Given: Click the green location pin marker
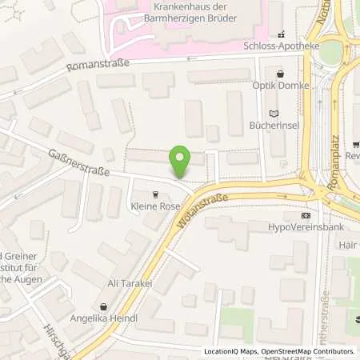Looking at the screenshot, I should pyautogui.click(x=181, y=162).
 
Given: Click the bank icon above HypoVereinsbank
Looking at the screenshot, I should pyautogui.click(x=306, y=216).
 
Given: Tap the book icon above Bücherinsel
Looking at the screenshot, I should pyautogui.click(x=275, y=114).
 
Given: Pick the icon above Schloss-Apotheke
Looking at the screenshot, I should pyautogui.click(x=281, y=34).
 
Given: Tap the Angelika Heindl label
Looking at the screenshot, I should pyautogui.click(x=103, y=319).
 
